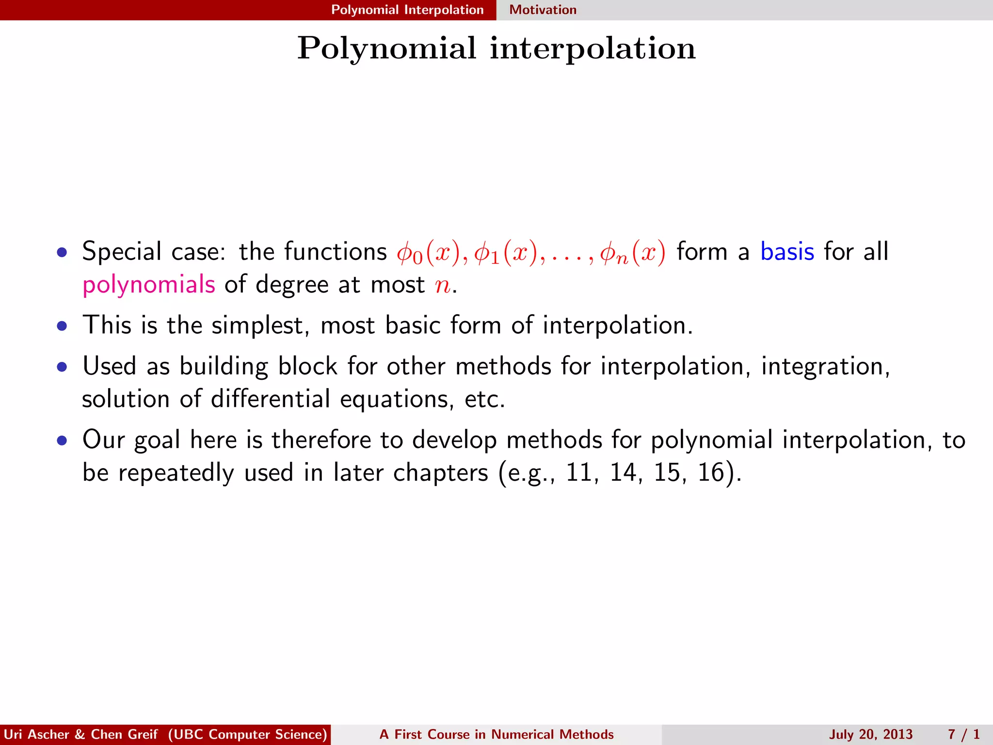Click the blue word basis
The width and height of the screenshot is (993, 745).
[787, 252]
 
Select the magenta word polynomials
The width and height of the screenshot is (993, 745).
[148, 285]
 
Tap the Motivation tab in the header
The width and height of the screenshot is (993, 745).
[543, 10]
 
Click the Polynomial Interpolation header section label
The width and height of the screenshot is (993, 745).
[407, 10]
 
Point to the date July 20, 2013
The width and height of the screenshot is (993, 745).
[870, 734]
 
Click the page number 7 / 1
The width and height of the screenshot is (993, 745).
[964, 734]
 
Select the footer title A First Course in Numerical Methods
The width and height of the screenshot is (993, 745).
[496, 734]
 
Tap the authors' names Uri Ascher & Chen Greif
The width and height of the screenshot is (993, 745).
[80, 734]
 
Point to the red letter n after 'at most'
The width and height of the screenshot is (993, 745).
[442, 285]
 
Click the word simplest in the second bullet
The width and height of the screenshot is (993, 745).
[257, 325]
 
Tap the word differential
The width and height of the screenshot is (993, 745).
[270, 399]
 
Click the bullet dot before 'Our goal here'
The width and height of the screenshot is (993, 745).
[62, 441]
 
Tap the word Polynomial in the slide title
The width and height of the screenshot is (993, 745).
[387, 49]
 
